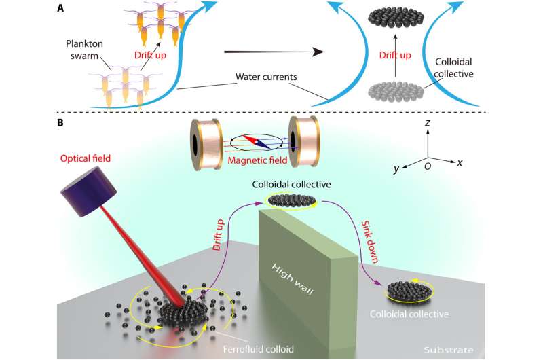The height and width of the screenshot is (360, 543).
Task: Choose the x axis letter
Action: (461, 163)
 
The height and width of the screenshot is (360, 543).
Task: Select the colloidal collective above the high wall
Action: (293, 200)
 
